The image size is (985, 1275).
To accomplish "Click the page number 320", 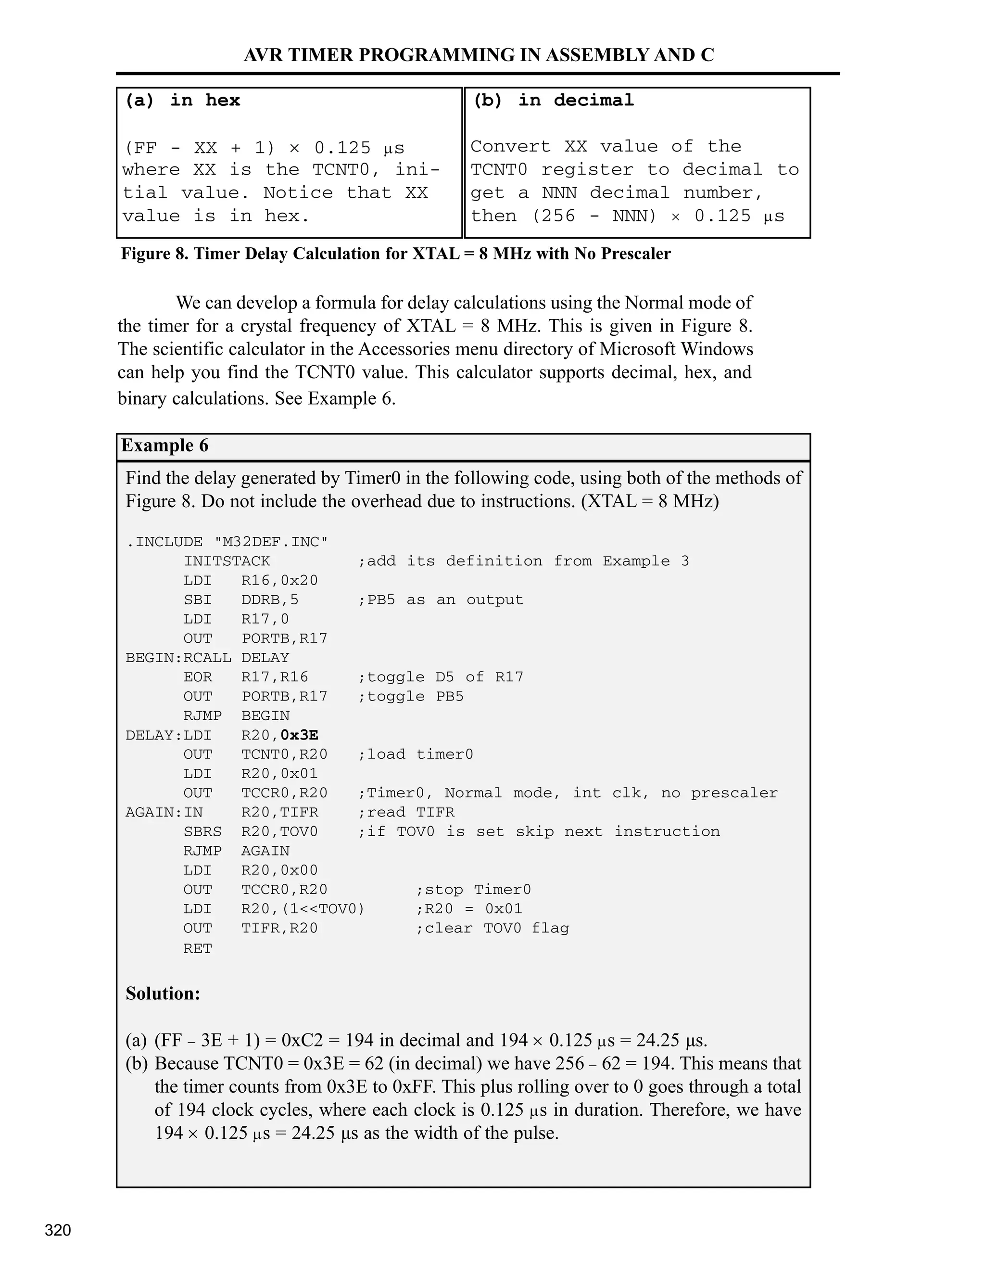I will pyautogui.click(x=58, y=1230).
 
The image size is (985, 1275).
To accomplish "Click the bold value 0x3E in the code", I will pyautogui.click(x=299, y=735).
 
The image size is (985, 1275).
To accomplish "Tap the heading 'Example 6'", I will pyautogui.click(x=164, y=446).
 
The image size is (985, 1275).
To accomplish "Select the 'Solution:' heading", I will pyautogui.click(x=163, y=994).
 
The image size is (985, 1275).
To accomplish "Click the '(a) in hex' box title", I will pyautogui.click(x=183, y=101).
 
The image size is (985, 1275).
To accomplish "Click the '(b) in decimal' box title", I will pyautogui.click(x=553, y=101).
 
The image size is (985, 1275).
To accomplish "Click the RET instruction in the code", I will pyautogui.click(x=197, y=949).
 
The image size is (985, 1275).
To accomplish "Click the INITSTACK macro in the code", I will pyautogui.click(x=227, y=561).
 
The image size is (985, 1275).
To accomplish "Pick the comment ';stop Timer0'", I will pyautogui.click(x=473, y=890).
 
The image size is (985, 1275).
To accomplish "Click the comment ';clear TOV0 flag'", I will pyautogui.click(x=492, y=928).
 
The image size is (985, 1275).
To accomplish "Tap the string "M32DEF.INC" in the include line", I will pyautogui.click(x=271, y=542).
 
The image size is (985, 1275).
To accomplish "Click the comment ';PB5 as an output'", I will pyautogui.click(x=441, y=600).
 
